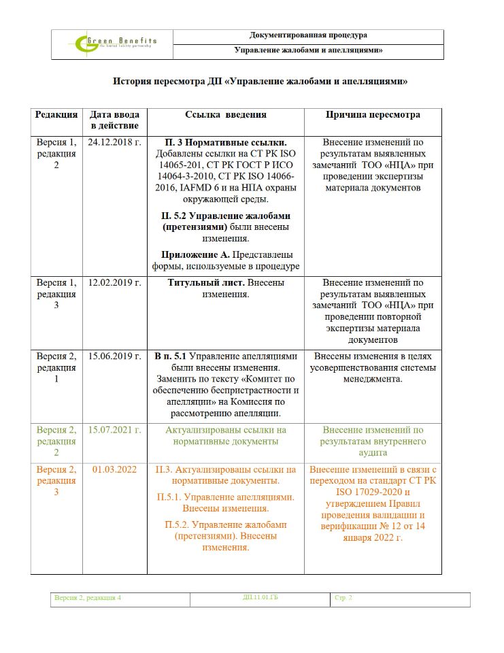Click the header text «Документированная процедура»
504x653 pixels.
[308, 35]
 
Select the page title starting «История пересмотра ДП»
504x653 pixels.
[261, 82]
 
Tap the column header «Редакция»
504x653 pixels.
[56, 115]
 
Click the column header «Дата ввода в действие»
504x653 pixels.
[114, 120]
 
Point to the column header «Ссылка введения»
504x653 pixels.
[225, 115]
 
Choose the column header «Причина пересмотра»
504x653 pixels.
[372, 115]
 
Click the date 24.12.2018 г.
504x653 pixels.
[114, 143]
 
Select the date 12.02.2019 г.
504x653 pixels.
[114, 282]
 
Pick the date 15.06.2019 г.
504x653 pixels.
[114, 356]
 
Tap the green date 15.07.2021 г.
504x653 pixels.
[114, 430]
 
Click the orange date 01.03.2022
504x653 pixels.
[114, 469]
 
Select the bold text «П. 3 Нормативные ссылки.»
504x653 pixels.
[225, 143]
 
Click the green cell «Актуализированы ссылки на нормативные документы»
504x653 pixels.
[225, 435]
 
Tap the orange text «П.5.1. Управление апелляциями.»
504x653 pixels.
[225, 497]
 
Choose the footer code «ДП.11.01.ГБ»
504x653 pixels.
[261, 598]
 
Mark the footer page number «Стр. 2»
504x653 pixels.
[343, 598]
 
